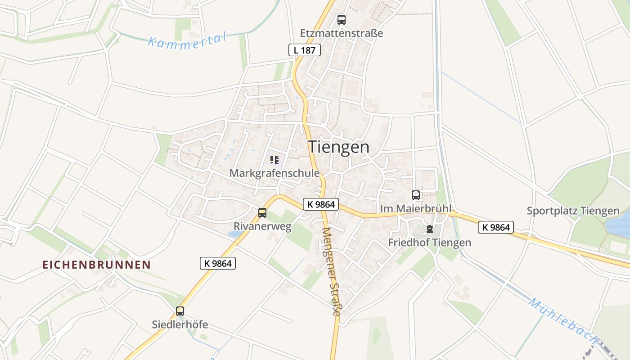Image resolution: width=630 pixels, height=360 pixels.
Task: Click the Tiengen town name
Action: [338, 147]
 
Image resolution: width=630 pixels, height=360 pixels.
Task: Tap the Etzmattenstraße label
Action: [342, 33]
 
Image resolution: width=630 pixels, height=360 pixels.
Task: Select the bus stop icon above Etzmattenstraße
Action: [342, 20]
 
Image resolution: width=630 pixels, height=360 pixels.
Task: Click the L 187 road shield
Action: [305, 50]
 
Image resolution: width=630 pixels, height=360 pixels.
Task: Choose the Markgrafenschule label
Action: [274, 173]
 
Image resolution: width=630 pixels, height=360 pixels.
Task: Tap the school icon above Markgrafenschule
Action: [274, 159]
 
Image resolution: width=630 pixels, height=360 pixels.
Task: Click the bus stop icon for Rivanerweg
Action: [262, 213]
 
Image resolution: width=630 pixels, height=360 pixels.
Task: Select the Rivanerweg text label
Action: [262, 226]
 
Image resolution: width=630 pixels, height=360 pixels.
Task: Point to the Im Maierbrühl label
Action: [415, 209]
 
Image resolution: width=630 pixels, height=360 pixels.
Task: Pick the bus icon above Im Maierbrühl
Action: [416, 195]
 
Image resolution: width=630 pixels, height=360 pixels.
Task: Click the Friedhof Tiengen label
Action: [430, 243]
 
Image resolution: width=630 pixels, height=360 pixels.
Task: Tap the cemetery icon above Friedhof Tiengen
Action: [430, 229]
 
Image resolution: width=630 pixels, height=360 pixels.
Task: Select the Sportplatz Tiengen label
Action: [573, 211]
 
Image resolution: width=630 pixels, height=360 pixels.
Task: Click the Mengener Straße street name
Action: [331, 271]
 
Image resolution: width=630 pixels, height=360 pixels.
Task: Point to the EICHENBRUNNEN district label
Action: [96, 265]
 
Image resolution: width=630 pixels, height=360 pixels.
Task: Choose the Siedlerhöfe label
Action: [180, 324]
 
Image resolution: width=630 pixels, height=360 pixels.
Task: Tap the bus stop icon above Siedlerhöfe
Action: [180, 311]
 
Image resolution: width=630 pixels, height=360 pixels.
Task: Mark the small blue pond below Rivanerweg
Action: [234, 234]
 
